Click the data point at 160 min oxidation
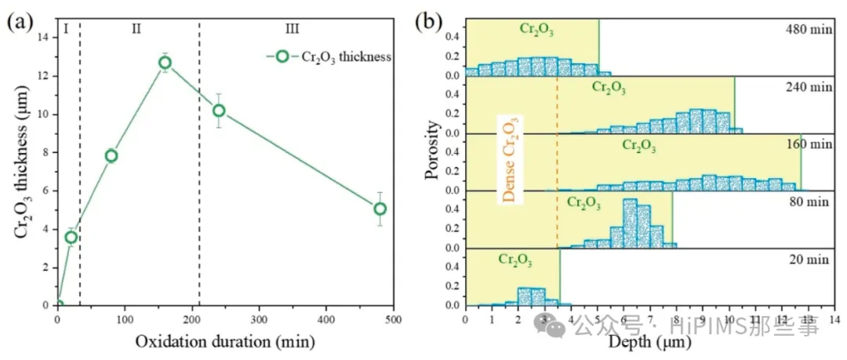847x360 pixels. point(165,63)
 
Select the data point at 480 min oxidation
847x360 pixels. point(380,209)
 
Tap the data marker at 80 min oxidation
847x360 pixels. point(111,155)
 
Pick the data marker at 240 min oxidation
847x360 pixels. point(219,111)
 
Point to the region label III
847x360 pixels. point(292,29)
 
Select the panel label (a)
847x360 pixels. point(19,22)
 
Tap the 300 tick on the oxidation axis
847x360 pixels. point(259,320)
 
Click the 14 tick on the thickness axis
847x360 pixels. point(44,38)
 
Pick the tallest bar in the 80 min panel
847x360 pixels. point(629,224)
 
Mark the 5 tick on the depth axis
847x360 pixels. point(598,319)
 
